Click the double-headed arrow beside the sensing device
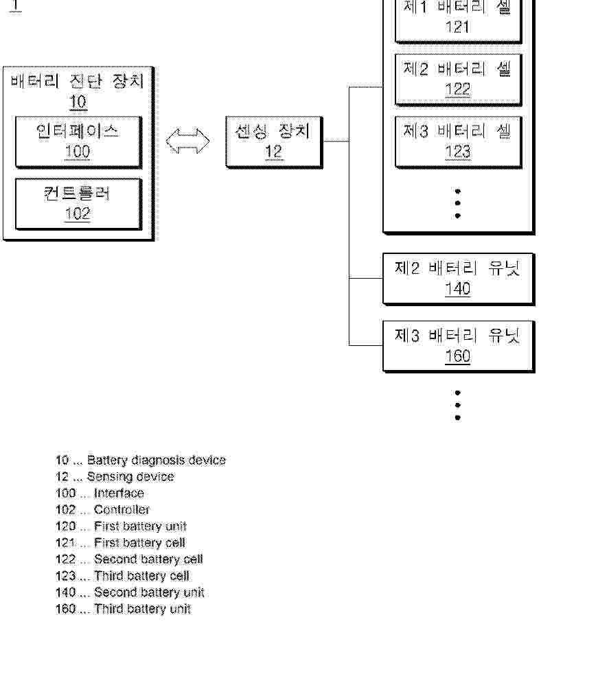(187, 141)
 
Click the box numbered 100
(79, 142)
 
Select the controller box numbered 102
(79, 204)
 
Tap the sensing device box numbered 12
(274, 142)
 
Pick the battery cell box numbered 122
(458, 80)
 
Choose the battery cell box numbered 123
(458, 142)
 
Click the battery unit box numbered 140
(459, 279)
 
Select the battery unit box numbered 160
(459, 347)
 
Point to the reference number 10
(78, 102)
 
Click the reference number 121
(458, 27)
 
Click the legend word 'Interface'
(119, 493)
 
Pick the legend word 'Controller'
(122, 509)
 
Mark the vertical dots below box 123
(458, 203)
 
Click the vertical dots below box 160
(458, 405)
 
